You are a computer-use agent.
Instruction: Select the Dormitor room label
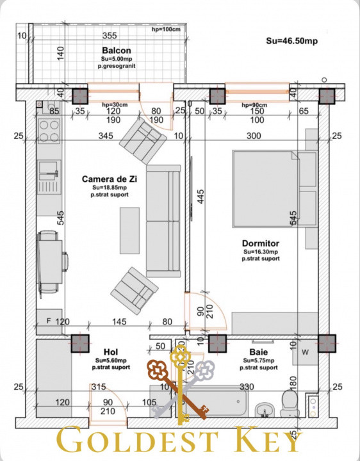(x=260, y=243)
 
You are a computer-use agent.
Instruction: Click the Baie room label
(x=259, y=353)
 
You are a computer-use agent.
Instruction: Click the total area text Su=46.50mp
(x=292, y=40)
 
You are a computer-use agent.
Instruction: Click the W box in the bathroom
(x=305, y=351)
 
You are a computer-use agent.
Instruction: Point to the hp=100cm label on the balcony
(x=165, y=29)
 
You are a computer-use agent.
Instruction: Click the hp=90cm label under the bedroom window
(x=255, y=105)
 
